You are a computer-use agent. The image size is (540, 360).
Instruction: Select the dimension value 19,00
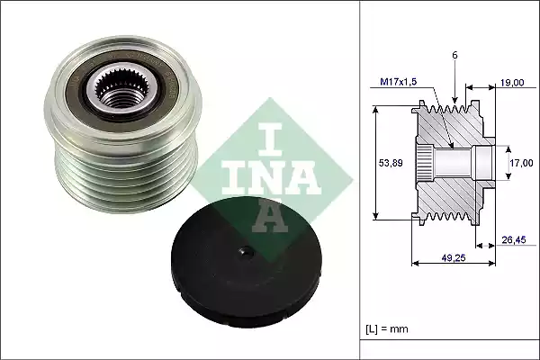[x=512, y=83]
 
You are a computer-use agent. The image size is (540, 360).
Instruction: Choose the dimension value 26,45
[x=511, y=239]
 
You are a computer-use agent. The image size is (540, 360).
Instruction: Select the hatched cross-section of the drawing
[x=450, y=193]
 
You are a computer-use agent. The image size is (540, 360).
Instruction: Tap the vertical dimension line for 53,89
[x=376, y=162]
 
